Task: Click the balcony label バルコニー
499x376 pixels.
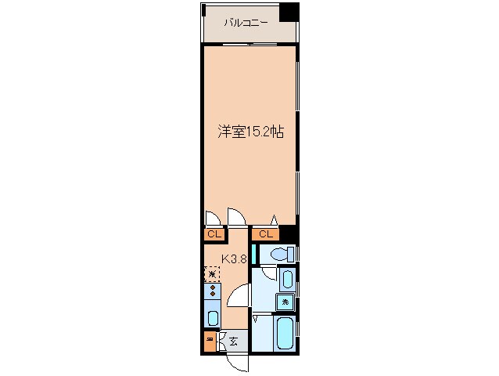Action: coord(246,23)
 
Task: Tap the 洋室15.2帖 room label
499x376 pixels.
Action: coord(250,132)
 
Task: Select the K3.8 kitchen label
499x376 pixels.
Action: coord(234,258)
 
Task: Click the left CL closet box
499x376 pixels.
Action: coord(214,233)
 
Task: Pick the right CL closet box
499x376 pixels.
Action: coord(265,233)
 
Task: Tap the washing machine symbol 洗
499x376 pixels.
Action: coord(286,302)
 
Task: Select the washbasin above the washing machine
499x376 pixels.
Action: coord(287,280)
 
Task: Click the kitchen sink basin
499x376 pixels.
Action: coord(213,317)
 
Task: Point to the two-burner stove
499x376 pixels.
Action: coord(213,291)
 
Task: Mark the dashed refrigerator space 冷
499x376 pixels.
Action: coord(212,273)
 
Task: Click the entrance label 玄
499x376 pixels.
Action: coord(234,340)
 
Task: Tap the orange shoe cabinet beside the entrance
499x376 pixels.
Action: coord(210,341)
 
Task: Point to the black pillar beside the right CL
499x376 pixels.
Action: coord(289,233)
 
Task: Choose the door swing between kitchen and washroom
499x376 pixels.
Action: coord(239,297)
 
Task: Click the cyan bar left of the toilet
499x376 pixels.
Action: coord(254,255)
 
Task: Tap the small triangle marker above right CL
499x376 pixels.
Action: coord(274,219)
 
